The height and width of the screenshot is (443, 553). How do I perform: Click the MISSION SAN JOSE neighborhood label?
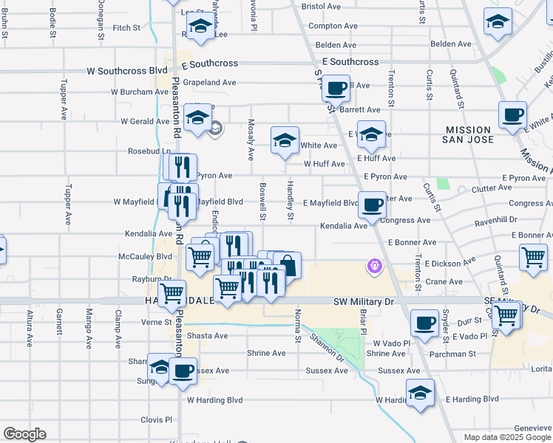point(479,134)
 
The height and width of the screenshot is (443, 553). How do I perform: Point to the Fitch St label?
point(126,28)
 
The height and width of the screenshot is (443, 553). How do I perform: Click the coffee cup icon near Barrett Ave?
point(336,88)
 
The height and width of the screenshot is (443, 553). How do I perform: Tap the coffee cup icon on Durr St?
point(424,323)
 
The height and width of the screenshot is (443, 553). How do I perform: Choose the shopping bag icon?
point(288,265)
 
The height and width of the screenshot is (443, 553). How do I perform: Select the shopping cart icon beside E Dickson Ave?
point(533,257)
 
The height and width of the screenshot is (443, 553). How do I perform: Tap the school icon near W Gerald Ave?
point(198,118)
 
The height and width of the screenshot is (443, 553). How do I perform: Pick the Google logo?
point(24,434)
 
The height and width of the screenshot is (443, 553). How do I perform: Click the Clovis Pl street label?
point(156,419)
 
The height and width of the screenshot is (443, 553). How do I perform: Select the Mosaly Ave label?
point(251,140)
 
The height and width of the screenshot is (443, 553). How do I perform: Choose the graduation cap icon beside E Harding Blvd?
point(420,396)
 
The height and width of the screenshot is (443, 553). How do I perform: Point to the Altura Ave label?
point(30,329)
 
